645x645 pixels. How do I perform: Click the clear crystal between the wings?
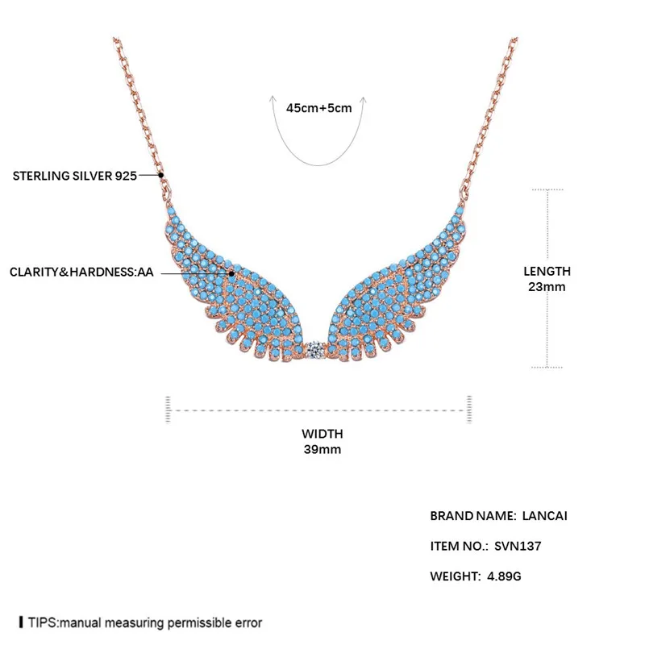(x=318, y=350)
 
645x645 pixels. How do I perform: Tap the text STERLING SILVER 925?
(x=75, y=174)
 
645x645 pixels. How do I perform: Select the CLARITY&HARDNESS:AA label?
(x=81, y=273)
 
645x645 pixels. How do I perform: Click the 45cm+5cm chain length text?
(x=319, y=107)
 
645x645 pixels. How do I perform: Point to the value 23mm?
(x=547, y=286)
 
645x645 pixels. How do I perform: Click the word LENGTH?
(x=547, y=272)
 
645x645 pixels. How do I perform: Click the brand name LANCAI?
(x=546, y=515)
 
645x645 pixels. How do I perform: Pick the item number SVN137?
(x=518, y=546)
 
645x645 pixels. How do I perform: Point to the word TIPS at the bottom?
(x=42, y=623)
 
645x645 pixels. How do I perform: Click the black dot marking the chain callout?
(x=161, y=174)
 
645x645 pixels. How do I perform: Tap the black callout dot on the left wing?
(x=231, y=273)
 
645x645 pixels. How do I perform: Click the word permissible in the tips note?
(x=206, y=623)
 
